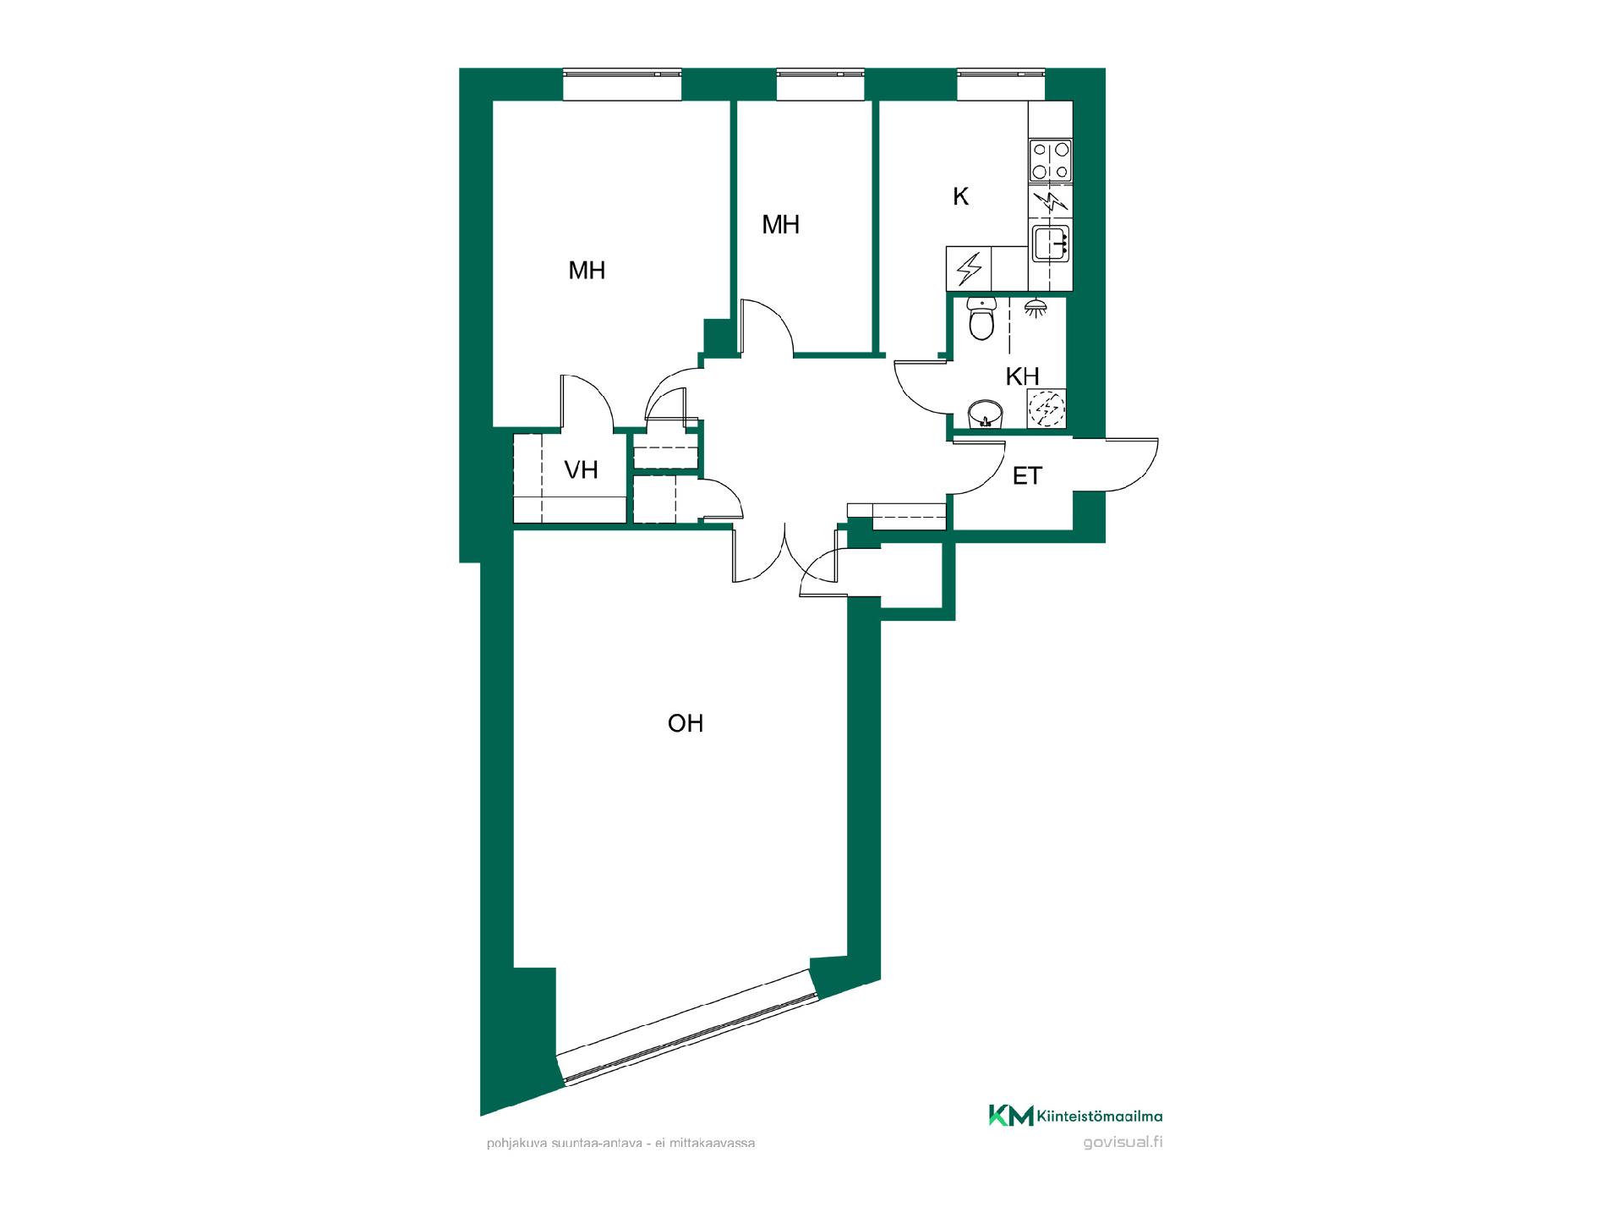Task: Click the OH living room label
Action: click(685, 723)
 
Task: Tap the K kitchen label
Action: click(960, 196)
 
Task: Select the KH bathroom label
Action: click(1022, 376)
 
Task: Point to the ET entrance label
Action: click(1027, 476)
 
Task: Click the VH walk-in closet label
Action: click(581, 469)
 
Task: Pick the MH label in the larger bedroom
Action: click(587, 271)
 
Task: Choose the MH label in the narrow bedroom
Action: click(780, 225)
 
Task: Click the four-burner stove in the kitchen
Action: click(1051, 161)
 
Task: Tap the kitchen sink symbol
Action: click(1051, 244)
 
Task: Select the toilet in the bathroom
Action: click(981, 319)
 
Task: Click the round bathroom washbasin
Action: click(985, 414)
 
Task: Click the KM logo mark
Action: click(1011, 1116)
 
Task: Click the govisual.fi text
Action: click(1123, 1143)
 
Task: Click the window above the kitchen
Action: click(1002, 85)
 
